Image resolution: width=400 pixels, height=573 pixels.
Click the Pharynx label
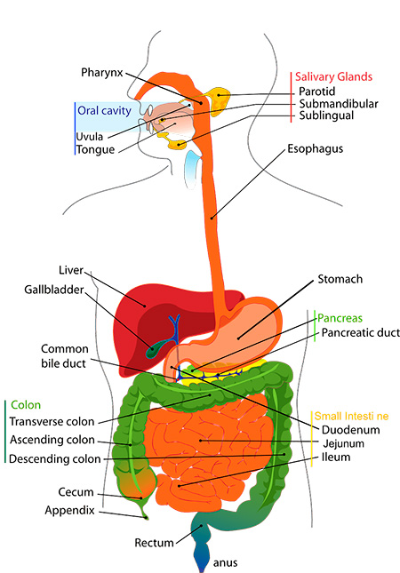click(x=102, y=73)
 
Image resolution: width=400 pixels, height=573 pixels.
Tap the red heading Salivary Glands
click(x=333, y=76)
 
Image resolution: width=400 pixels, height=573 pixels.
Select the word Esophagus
click(x=316, y=148)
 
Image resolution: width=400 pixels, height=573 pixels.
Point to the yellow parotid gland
click(x=219, y=99)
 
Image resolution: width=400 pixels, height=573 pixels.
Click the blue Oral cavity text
click(x=104, y=111)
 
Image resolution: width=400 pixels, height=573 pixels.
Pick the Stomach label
click(x=340, y=279)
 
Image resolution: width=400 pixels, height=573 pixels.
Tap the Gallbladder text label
click(x=54, y=290)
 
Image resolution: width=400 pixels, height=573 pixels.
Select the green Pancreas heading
click(x=340, y=318)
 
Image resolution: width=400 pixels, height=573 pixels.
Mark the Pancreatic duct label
click(x=361, y=333)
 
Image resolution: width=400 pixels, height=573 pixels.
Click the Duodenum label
click(x=350, y=430)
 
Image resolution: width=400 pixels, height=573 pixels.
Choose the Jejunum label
click(x=343, y=443)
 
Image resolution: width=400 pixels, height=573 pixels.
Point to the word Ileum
click(x=336, y=458)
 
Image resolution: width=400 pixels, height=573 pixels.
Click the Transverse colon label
click(x=52, y=422)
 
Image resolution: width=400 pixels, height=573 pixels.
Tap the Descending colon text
click(x=55, y=459)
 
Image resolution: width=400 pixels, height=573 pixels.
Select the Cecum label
click(x=76, y=492)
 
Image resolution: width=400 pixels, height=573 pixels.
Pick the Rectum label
click(x=154, y=543)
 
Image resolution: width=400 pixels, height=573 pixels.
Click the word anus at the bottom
click(x=225, y=563)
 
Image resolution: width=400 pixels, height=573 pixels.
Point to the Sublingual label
click(x=326, y=115)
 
